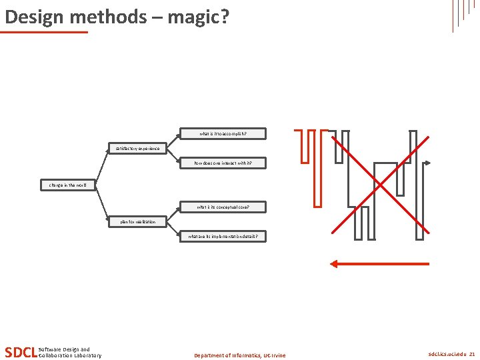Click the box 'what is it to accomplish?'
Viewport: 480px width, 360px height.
pyautogui.click(x=223, y=133)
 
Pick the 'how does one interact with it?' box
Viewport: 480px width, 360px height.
pyautogui.click(x=223, y=163)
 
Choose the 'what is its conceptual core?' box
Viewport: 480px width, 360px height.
pyautogui.click(x=223, y=207)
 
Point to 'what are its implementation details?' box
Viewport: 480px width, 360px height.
pyautogui.click(x=223, y=236)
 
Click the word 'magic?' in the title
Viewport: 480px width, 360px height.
pyautogui.click(x=198, y=16)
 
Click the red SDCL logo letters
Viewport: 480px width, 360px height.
pyautogui.click(x=21, y=352)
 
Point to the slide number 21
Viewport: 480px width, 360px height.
pyautogui.click(x=472, y=355)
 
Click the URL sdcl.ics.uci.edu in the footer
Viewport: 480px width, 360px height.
pyautogui.click(x=447, y=355)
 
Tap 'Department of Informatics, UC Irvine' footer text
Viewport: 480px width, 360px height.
pyautogui.click(x=239, y=355)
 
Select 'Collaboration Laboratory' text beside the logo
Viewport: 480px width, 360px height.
pyautogui.click(x=70, y=355)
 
